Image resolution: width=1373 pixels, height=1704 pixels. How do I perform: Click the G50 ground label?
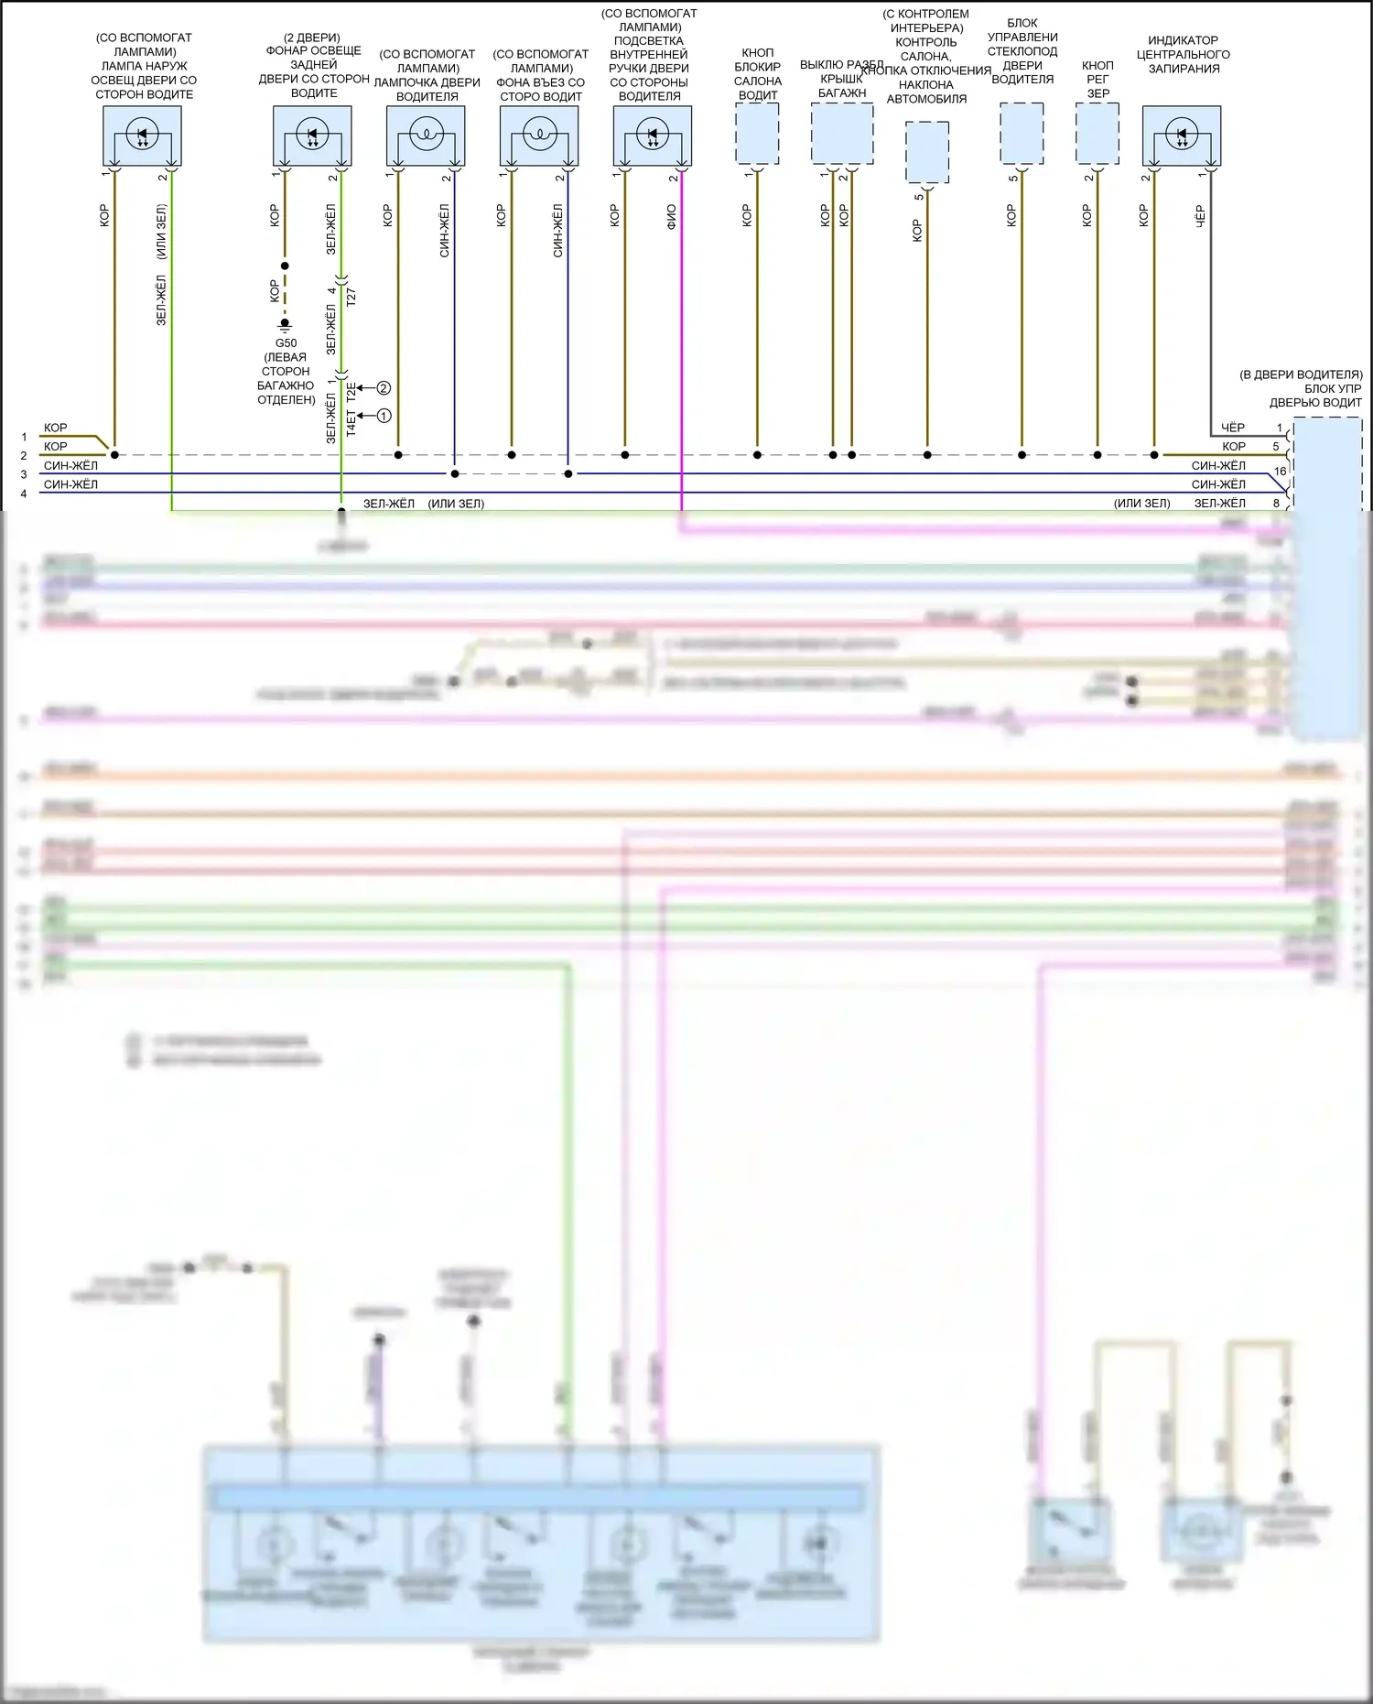[286, 343]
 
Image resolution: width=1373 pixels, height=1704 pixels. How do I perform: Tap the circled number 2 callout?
[384, 388]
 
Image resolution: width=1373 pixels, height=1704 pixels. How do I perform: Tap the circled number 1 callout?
[384, 416]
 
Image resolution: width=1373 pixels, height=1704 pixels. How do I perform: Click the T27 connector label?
[351, 296]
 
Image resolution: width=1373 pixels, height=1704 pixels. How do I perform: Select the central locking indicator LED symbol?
[1181, 136]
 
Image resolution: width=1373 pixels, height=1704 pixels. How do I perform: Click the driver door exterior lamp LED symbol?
[142, 136]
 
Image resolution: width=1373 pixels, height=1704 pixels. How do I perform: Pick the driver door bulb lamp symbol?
[426, 136]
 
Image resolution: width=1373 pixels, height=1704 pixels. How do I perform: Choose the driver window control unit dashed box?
[1022, 134]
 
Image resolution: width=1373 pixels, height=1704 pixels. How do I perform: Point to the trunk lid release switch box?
[842, 134]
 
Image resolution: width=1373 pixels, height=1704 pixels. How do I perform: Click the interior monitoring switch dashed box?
[926, 152]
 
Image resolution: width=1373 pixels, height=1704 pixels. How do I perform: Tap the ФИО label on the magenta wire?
[671, 216]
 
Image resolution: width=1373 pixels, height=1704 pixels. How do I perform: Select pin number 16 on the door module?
[1280, 472]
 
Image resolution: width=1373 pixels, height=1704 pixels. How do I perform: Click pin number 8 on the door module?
[1276, 503]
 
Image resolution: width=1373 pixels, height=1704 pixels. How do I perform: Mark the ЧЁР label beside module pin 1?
[1233, 428]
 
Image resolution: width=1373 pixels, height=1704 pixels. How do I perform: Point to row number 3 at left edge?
[24, 474]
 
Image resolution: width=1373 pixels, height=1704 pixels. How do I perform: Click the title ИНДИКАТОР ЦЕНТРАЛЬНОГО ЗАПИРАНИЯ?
[1183, 54]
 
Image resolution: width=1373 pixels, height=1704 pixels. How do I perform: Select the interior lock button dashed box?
[757, 134]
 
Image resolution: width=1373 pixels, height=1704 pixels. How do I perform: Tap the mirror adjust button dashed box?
[1097, 134]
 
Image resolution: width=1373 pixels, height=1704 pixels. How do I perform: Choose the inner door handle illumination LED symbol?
[652, 136]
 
